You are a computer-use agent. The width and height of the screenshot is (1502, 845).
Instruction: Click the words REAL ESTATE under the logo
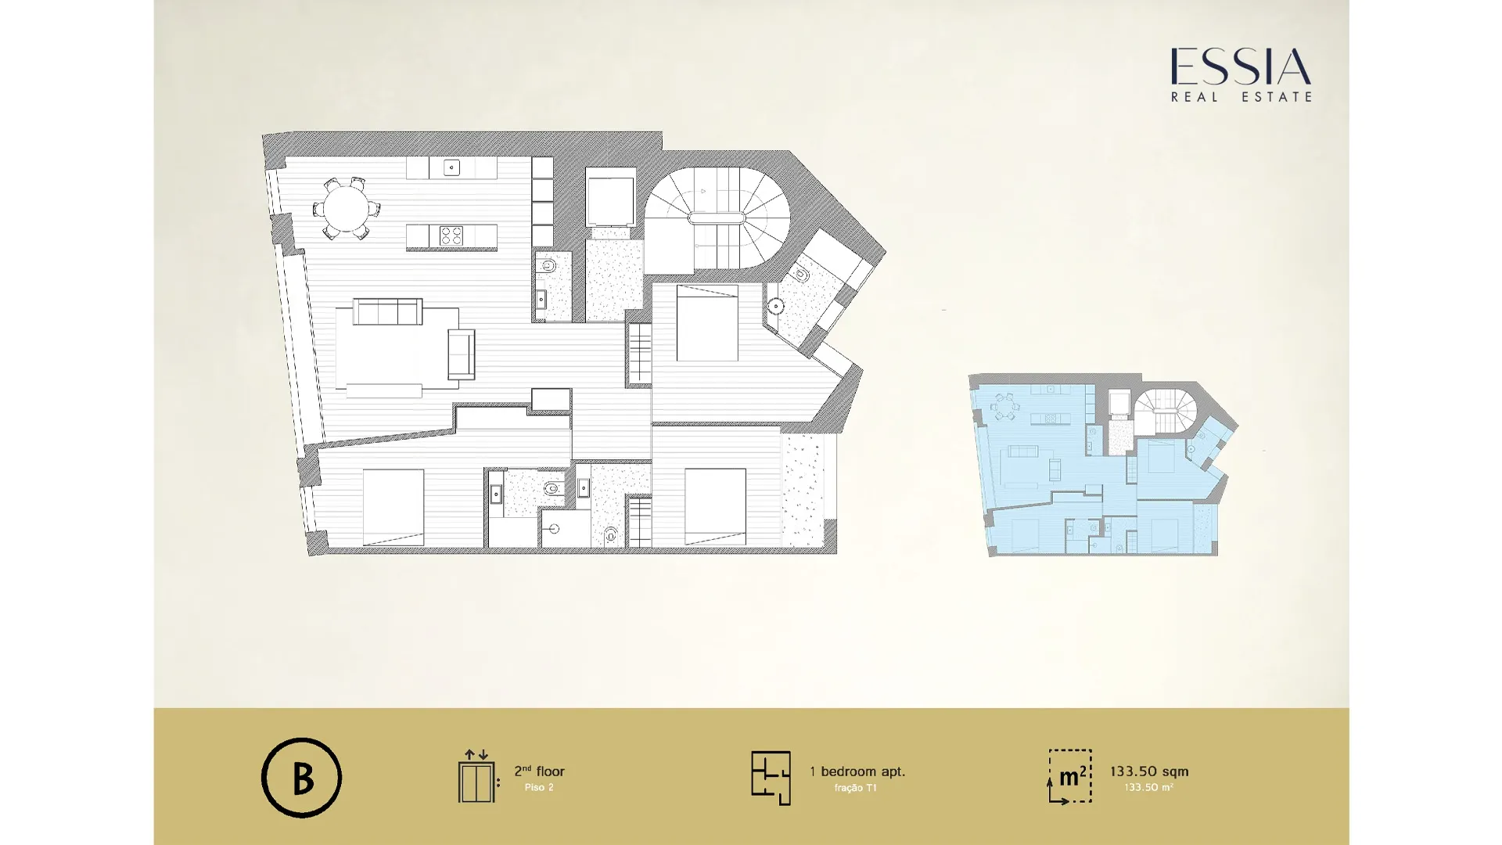1241,97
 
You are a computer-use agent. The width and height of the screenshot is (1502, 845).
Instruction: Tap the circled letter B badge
301,778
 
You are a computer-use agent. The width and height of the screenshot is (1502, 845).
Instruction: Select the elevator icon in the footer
477,776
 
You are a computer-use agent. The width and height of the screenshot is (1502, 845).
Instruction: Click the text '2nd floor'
539,771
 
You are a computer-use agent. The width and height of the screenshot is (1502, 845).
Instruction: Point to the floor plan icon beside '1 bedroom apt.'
771,778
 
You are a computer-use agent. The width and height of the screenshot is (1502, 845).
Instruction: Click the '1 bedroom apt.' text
857,771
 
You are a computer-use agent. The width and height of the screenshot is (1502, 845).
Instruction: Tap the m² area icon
1069,776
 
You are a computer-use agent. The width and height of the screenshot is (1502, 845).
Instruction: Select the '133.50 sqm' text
1149,771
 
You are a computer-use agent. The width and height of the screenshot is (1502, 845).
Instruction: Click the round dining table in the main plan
347,209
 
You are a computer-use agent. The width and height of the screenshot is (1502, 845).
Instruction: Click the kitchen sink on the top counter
451,167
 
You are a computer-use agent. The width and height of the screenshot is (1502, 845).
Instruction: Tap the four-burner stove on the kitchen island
451,235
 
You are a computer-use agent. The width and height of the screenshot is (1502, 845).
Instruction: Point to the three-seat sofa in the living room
387,311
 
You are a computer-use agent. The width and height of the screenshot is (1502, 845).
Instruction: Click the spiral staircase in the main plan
717,219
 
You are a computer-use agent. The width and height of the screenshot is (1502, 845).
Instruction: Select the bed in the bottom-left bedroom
393,507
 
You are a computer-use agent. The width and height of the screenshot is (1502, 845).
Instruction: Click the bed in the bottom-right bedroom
715,506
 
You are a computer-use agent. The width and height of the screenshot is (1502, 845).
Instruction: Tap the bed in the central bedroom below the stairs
707,323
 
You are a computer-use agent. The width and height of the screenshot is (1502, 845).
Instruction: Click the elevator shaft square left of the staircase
610,202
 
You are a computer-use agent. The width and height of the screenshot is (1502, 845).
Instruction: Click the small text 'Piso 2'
539,787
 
